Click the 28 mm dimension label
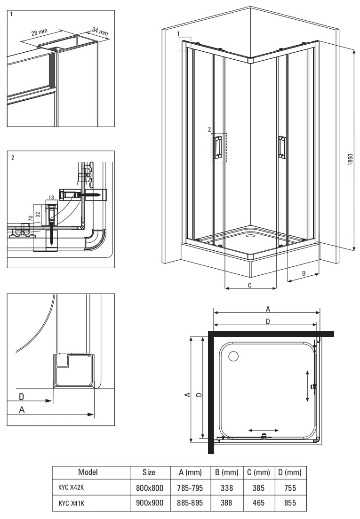40,32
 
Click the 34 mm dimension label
100,32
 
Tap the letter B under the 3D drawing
304,273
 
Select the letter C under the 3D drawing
249,286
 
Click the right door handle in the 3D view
281,146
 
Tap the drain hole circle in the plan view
233,356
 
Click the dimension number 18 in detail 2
51,197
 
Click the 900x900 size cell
149,503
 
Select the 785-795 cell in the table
191,488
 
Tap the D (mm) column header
287,472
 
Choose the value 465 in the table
258,503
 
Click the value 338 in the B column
226,488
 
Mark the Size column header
149,472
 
